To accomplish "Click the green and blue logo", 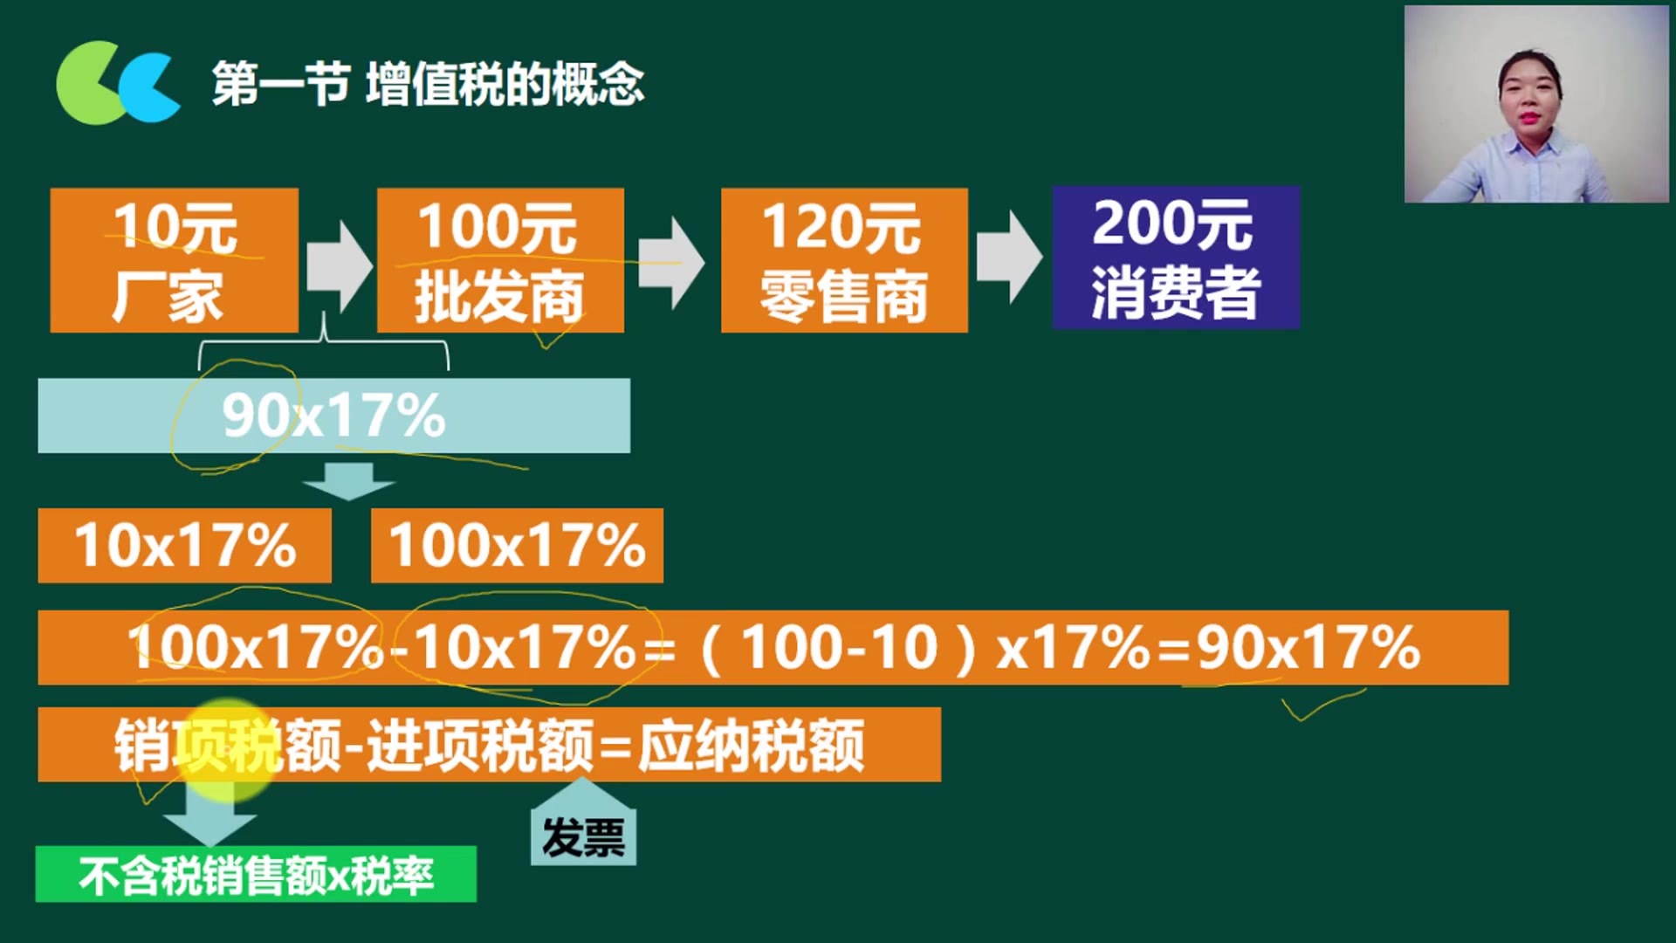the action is click(x=118, y=82).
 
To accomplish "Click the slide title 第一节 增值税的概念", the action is click(x=428, y=84).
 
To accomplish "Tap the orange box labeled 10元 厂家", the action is click(x=175, y=260).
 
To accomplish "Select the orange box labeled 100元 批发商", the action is click(x=500, y=260).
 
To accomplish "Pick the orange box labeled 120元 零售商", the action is click(x=844, y=260).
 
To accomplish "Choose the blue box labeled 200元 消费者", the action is click(x=1176, y=258).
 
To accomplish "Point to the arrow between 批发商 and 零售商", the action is click(x=671, y=263).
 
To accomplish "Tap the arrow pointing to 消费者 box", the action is click(x=1009, y=257).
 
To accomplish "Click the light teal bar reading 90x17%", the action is click(x=333, y=416).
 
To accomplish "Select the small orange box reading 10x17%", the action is click(x=184, y=546).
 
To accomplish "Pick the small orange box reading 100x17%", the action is click(x=517, y=546).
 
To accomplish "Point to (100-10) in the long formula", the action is click(x=838, y=649).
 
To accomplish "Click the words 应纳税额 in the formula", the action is click(x=752, y=747).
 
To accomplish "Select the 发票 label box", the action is click(x=583, y=836).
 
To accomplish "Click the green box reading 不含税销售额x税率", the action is click(x=256, y=874).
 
